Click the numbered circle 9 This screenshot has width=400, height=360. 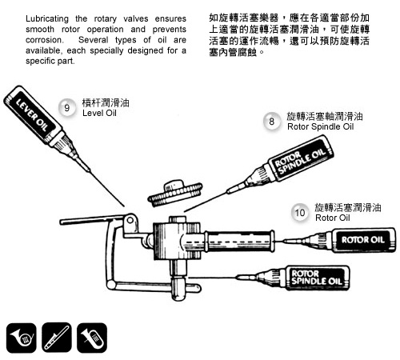coord(66,108)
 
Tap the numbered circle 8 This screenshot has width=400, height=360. coord(271,122)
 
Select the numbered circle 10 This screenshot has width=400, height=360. coord(300,213)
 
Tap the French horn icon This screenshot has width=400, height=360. coord(21,338)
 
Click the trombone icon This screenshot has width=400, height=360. coord(57,338)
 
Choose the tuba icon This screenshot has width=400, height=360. coord(92,338)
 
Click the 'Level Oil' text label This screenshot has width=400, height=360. coord(99,113)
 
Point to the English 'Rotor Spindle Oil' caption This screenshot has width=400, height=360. coord(320,126)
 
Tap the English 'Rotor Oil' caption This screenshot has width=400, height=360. coord(333,218)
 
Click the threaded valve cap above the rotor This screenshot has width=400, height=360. coord(175,193)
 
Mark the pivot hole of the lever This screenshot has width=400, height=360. coord(130,220)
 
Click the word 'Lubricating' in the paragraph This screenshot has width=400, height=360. coord(47,19)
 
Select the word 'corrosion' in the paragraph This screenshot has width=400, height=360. coord(44,40)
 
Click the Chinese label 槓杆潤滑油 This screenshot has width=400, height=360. coord(106,103)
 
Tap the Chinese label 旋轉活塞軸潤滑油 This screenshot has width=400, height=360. coord(325,117)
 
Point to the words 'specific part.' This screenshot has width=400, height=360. coord(50,61)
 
